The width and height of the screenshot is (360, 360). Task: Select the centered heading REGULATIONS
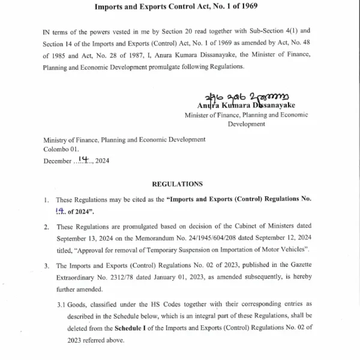coord(178,184)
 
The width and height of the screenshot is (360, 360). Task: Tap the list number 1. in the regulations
coord(47,199)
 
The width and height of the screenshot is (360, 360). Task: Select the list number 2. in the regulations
coord(47,226)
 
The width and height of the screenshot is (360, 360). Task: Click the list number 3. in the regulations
coord(47,265)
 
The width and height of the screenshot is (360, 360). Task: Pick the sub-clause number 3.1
coord(62,304)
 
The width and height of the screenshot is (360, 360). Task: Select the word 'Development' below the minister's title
coord(246,124)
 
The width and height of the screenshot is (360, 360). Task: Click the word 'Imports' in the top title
coord(112,7)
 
